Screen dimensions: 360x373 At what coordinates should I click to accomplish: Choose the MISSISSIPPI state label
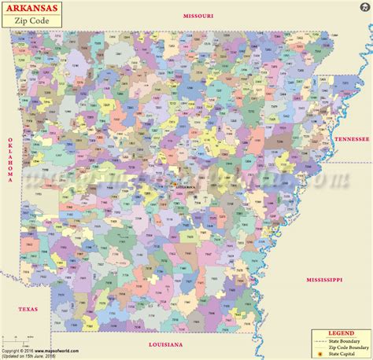[324, 279]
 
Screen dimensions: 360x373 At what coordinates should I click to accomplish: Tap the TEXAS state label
[28, 309]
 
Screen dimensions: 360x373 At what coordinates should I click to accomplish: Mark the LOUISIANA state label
[165, 345]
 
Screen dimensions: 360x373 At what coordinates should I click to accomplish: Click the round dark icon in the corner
[364, 351]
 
